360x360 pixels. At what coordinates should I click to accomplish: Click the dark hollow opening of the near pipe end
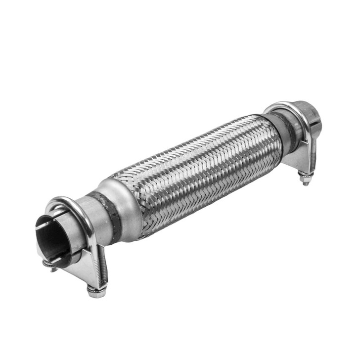pos(53,237)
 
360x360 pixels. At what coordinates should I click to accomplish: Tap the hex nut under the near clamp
pos(96,292)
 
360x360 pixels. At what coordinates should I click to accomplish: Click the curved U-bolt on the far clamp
pos(287,111)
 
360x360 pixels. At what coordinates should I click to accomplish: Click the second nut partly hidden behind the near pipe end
pos(48,265)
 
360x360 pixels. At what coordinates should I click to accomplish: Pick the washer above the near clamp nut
pos(95,286)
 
